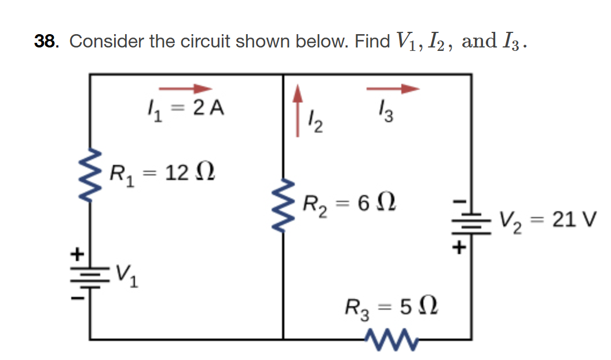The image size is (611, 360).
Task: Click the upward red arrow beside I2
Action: (x=298, y=110)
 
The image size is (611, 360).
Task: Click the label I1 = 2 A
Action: (x=184, y=108)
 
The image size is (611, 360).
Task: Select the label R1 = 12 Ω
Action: (x=164, y=172)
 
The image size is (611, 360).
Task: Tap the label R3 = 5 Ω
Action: (x=392, y=306)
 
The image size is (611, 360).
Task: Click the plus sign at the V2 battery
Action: (x=459, y=247)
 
